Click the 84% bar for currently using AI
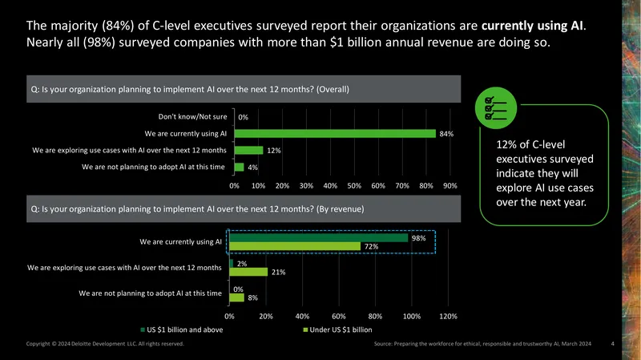(335, 134)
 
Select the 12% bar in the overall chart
(248, 151)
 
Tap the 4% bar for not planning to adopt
(239, 167)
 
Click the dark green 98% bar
(318, 237)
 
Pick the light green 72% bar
(295, 246)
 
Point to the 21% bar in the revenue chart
(248, 272)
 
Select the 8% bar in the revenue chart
(236, 297)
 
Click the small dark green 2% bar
(232, 264)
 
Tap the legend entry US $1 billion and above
(182, 330)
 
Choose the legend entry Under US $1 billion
(337, 330)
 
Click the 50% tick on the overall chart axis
(354, 186)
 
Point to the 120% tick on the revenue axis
(448, 316)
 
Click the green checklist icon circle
(496, 108)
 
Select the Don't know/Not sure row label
(192, 116)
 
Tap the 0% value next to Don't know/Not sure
(244, 117)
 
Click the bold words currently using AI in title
(532, 26)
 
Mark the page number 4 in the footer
(612, 344)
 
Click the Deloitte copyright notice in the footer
(105, 344)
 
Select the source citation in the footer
(482, 344)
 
